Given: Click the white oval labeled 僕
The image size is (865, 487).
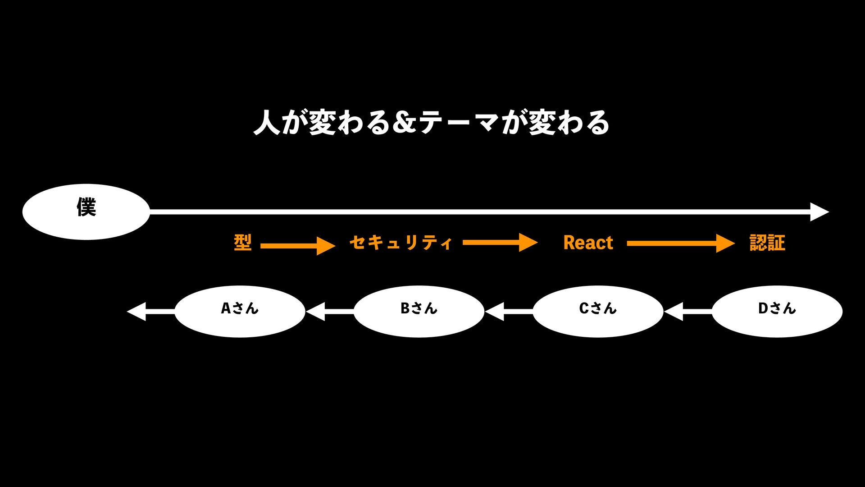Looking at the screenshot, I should [x=86, y=211].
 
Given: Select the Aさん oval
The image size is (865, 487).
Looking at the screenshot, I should [x=240, y=311].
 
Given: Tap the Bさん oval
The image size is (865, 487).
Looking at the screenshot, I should [x=419, y=311].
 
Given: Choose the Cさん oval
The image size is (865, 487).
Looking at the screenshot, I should [x=598, y=311].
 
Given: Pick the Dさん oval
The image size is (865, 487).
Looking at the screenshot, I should [x=777, y=311].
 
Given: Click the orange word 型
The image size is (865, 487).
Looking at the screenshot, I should [x=242, y=243].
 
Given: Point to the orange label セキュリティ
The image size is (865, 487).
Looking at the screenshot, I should [x=401, y=243].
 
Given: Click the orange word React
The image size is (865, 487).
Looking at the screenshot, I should [x=588, y=243].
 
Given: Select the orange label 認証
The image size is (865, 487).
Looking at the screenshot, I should [x=767, y=243].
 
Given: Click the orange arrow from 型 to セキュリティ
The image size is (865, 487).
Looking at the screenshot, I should [x=298, y=246].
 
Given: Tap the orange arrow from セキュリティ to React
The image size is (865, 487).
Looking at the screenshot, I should [x=500, y=243].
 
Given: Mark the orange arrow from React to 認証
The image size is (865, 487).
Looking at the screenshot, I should [x=680, y=243].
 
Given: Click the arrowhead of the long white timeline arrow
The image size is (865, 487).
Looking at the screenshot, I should [x=819, y=212].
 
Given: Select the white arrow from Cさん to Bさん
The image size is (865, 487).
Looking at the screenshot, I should [x=509, y=312].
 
